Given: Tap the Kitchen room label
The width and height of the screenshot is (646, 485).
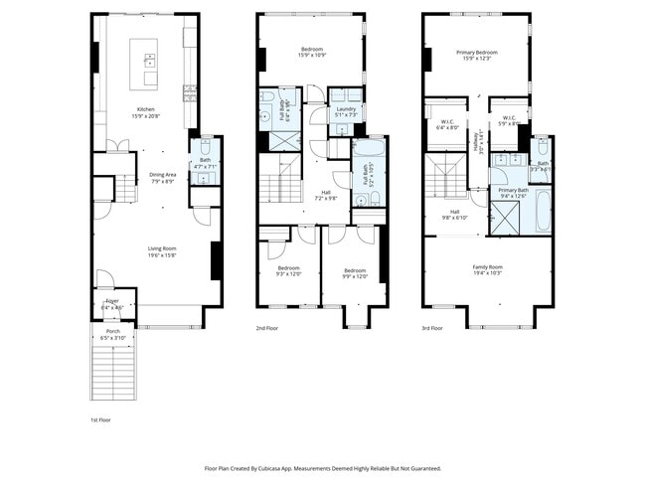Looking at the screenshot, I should (x=146, y=109).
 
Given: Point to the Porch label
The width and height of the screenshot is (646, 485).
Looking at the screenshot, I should (x=112, y=332).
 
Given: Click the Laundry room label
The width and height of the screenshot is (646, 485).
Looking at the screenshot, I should (x=345, y=109).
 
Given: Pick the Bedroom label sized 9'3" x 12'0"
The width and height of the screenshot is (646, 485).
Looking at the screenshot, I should (x=288, y=269).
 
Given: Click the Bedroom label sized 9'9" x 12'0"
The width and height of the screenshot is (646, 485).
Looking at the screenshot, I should (x=355, y=270).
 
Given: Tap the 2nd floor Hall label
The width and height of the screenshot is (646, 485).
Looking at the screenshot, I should (x=326, y=193).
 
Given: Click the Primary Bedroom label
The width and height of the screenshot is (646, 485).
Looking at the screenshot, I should (x=477, y=52).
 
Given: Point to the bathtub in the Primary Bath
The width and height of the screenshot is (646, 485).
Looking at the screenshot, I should (x=543, y=210).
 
